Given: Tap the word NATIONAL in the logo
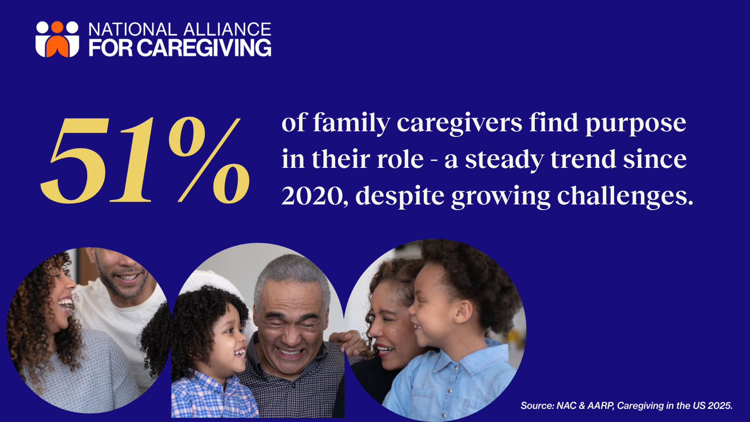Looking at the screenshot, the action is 132,30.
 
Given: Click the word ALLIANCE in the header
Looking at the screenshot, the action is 227,30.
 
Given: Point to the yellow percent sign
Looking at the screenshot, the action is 209,160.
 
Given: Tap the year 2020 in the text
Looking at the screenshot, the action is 312,196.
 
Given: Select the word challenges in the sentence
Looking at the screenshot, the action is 625,196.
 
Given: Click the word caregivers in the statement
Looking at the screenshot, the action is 459,124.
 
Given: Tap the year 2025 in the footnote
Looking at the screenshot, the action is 720,406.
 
